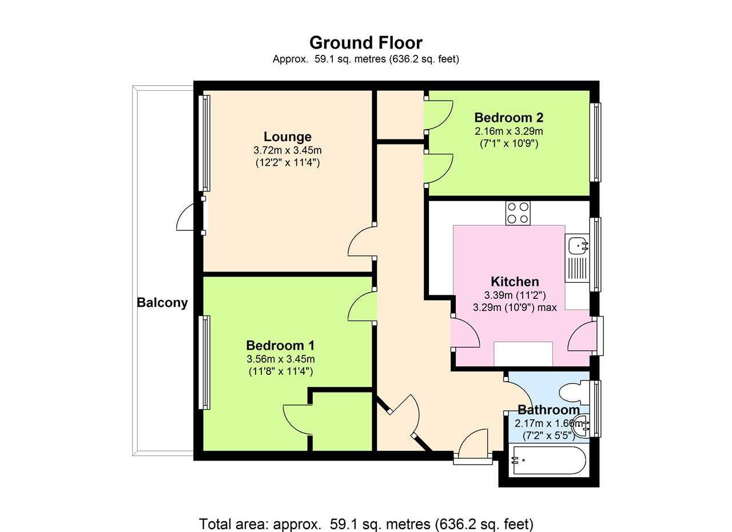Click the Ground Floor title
(365, 43)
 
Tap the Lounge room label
(288, 137)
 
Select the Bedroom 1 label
(280, 345)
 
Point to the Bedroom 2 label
(508, 118)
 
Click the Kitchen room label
(515, 282)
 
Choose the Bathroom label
(548, 410)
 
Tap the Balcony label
(162, 303)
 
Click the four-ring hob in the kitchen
(518, 213)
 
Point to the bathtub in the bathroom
(548, 461)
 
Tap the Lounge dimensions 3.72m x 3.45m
(288, 150)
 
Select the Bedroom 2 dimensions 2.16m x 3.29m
(508, 131)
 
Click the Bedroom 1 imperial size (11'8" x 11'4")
(280, 371)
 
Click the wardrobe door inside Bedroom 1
(297, 420)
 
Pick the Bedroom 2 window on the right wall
(596, 142)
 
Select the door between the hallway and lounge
(361, 243)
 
